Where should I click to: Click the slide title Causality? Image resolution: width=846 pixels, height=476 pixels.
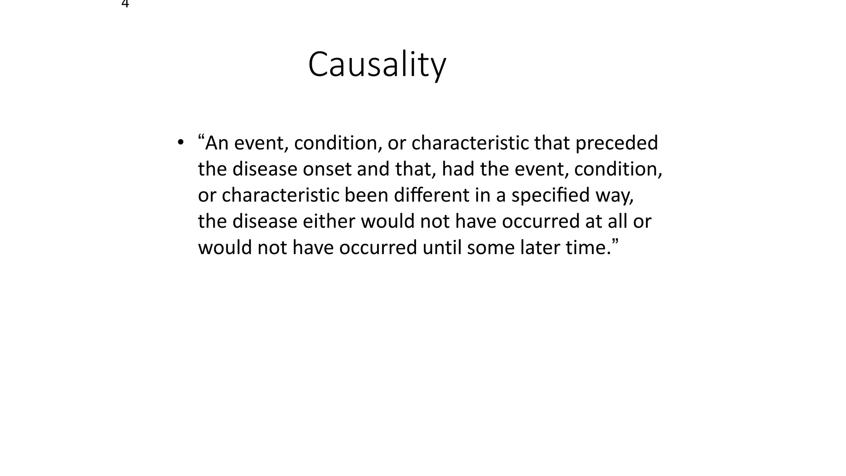pyautogui.click(x=377, y=65)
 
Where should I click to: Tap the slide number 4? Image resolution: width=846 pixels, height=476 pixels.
pyautogui.click(x=126, y=4)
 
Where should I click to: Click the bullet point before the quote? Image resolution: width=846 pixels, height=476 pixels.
pyautogui.click(x=180, y=143)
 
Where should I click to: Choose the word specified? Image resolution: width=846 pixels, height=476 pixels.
pyautogui.click(x=550, y=195)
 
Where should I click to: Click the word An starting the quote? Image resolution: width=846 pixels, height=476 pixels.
pyautogui.click(x=217, y=143)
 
